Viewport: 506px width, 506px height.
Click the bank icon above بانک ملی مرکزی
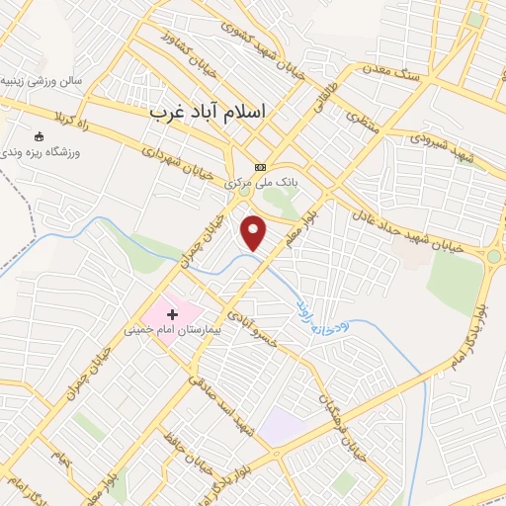click(260, 167)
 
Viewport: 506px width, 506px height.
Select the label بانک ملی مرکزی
click(261, 183)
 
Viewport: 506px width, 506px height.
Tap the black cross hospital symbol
click(173, 314)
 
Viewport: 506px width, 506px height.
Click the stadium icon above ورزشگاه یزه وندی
click(40, 136)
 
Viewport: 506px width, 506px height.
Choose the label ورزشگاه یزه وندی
click(43, 153)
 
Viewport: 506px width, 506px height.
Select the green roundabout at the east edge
click(492, 257)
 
